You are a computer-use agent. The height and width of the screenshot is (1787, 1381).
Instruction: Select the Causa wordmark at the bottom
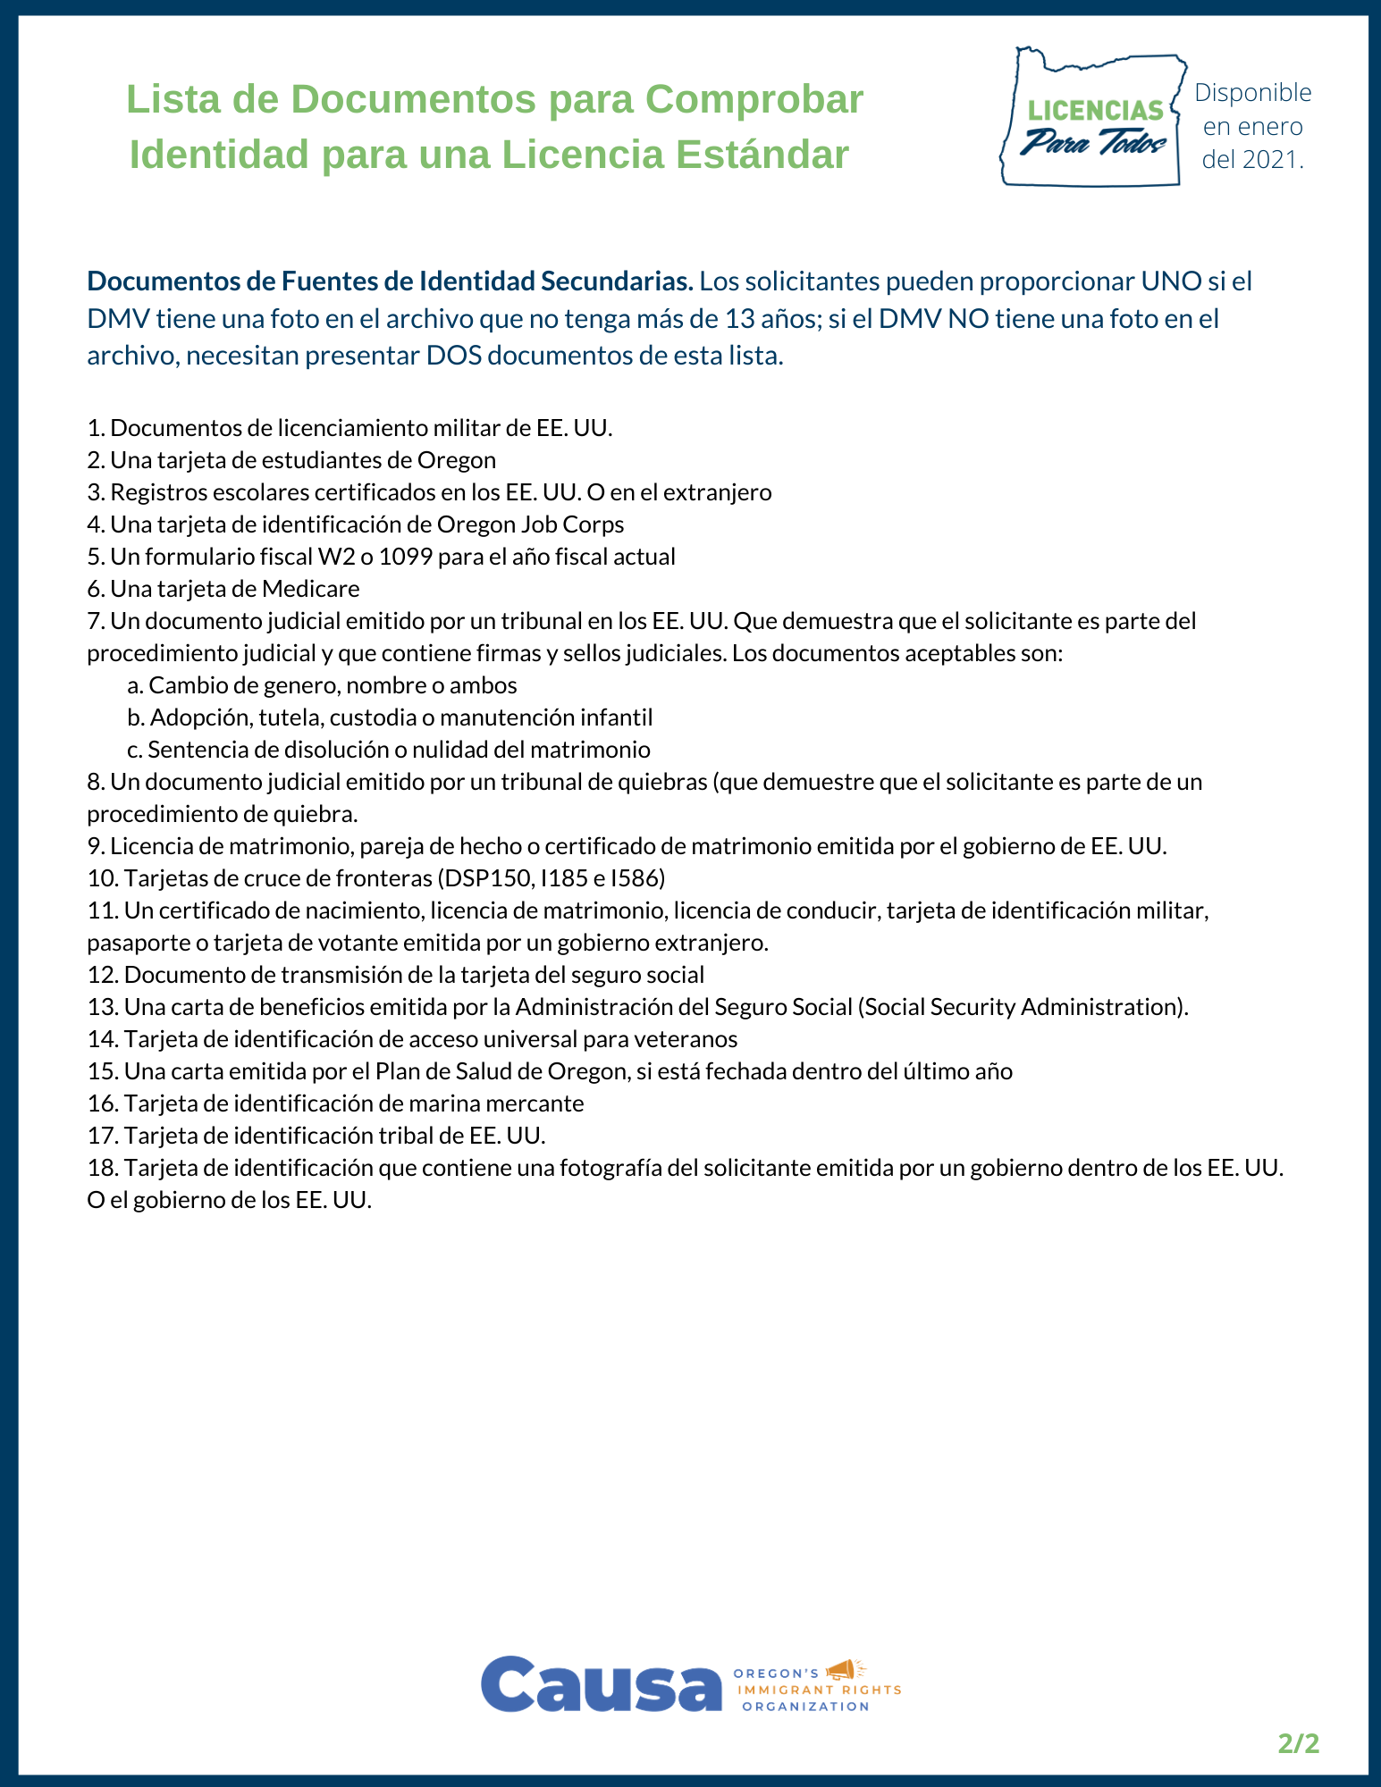[601, 1684]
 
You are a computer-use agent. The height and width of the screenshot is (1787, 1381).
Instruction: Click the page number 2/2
[1298, 1743]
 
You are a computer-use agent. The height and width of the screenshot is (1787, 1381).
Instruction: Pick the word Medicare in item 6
[310, 589]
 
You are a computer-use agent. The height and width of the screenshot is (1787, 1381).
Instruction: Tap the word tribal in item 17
[435, 1136]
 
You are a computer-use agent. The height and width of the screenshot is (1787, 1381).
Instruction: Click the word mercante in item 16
[541, 1103]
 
